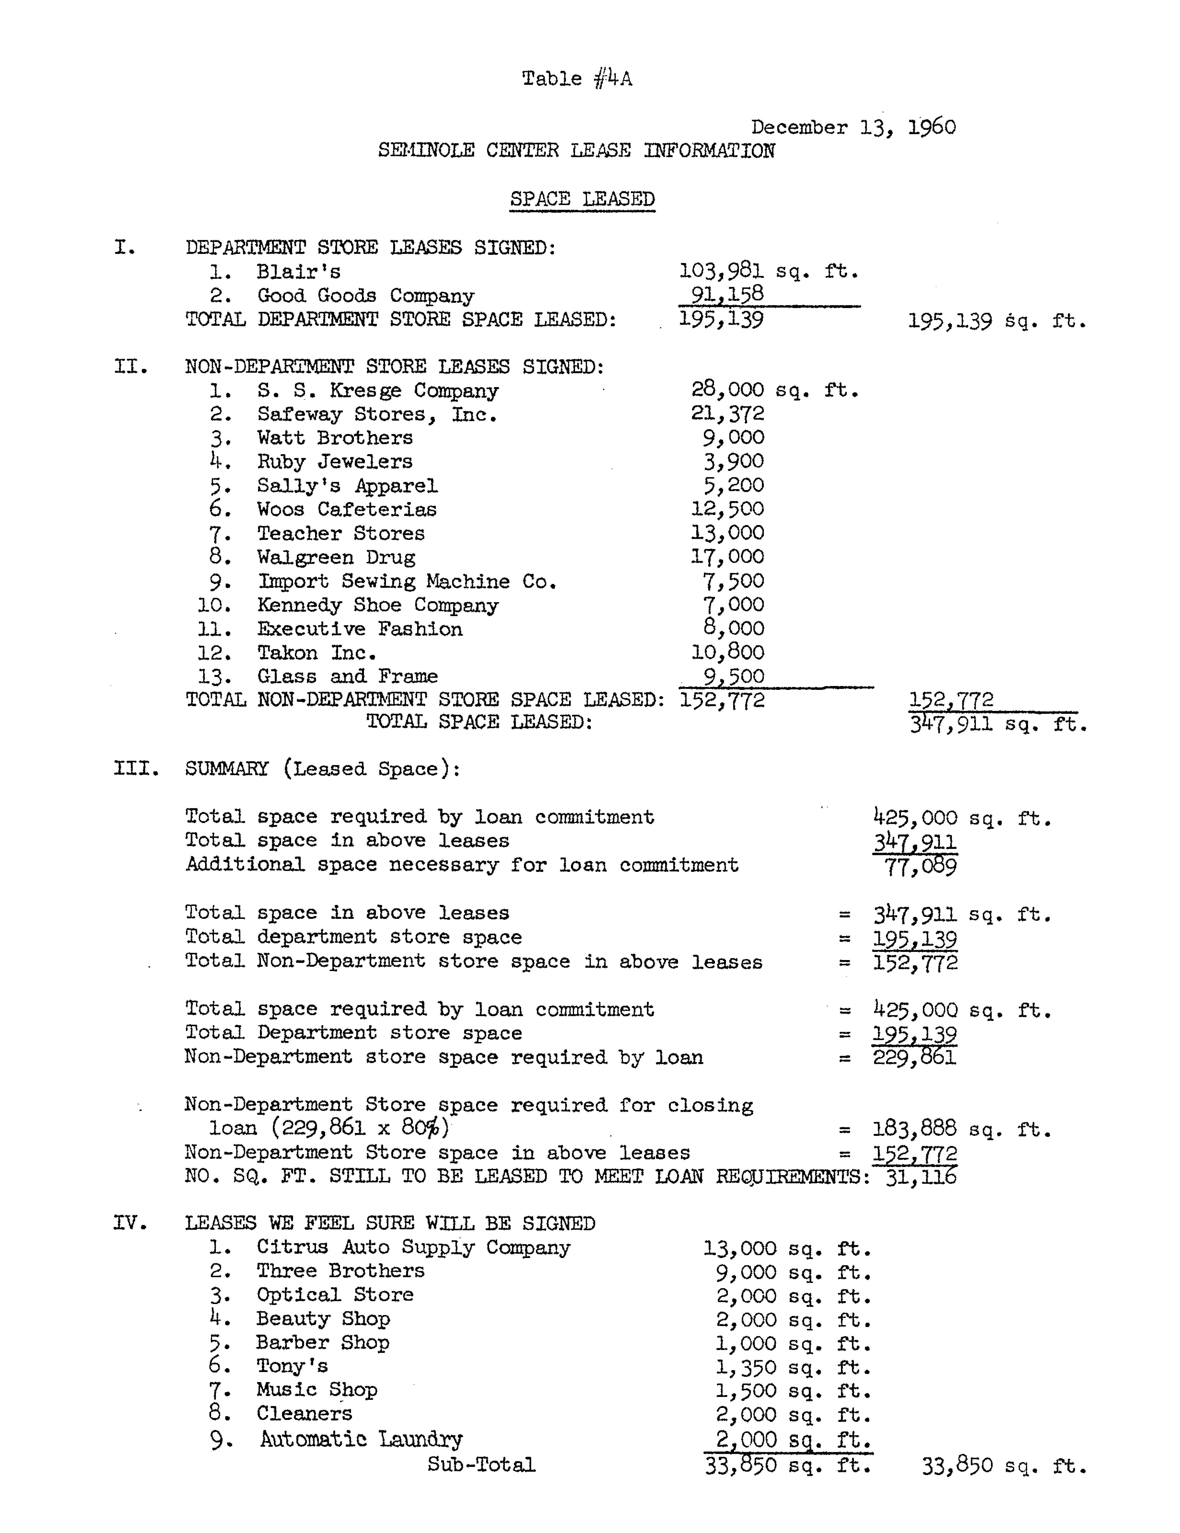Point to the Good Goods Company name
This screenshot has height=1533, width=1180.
(365, 296)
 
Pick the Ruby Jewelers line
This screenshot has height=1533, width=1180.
(334, 462)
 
